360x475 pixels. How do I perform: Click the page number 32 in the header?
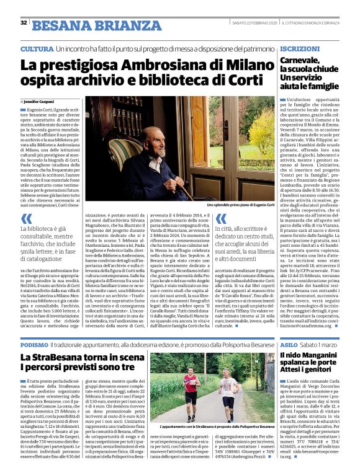[x=24, y=23]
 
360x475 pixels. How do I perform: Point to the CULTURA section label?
[x=37, y=49]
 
